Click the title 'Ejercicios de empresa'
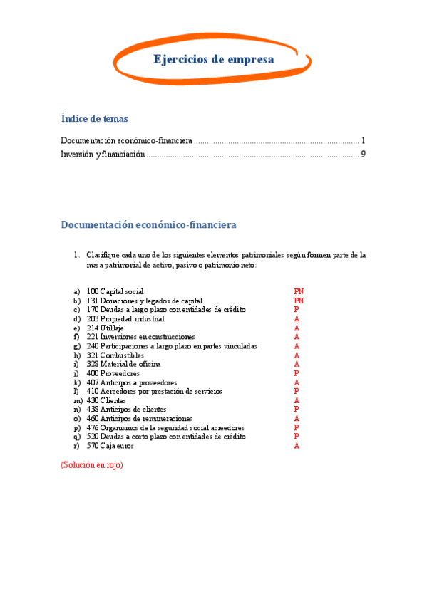213,60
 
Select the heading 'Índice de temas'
95,119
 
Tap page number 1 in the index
363,140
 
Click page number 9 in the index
363,154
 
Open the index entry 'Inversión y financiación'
103,154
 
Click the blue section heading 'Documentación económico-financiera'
148,225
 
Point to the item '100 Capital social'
115,292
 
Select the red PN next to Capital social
299,292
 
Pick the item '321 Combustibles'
115,355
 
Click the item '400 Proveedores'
113,373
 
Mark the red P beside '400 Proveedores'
296,373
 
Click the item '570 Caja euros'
110,446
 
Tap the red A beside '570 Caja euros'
296,446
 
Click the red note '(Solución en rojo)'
92,464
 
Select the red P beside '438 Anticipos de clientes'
296,410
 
